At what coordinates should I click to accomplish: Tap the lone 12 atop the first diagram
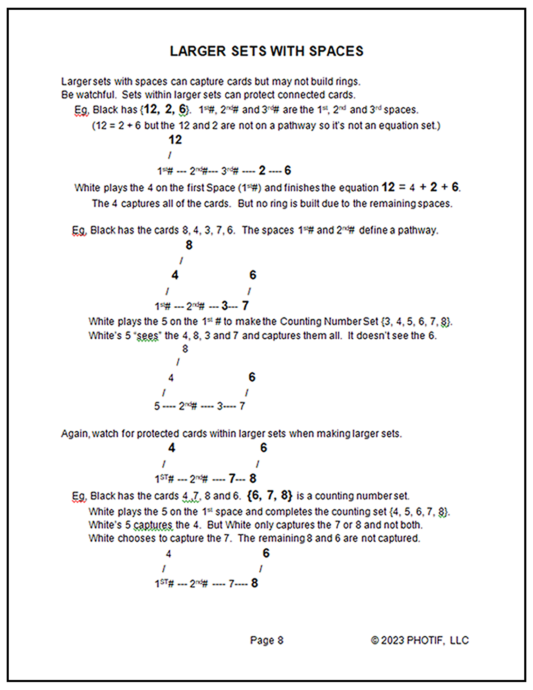(x=175, y=140)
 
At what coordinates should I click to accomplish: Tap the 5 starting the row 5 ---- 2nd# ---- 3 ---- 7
(x=157, y=406)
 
